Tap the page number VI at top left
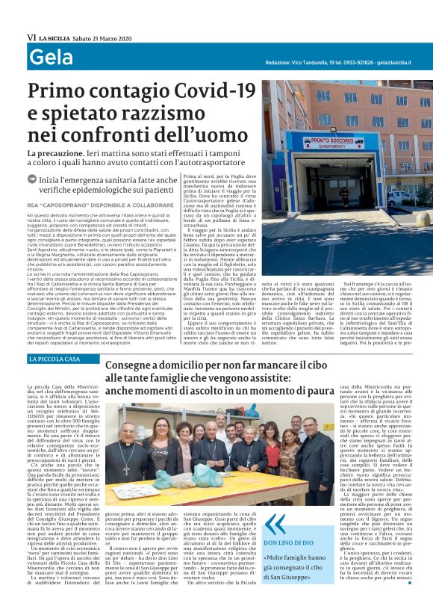coord(31,37)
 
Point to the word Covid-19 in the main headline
coord(208,93)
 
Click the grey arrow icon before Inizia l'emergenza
coord(32,179)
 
